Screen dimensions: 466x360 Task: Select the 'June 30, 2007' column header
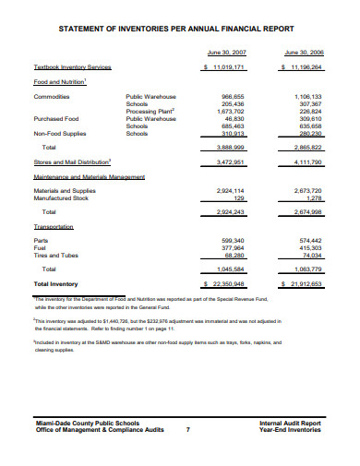tap(225, 53)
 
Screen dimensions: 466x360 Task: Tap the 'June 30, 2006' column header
tap(303, 53)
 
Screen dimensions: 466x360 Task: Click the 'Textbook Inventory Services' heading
tap(72, 67)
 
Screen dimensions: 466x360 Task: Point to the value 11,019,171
tap(228, 67)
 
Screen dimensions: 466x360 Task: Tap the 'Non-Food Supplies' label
tap(62, 133)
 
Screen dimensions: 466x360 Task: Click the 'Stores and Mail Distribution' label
tap(72, 161)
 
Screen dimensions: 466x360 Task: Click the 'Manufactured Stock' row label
tap(65, 197)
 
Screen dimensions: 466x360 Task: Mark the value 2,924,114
tap(231, 190)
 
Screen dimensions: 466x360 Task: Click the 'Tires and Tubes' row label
tap(58, 255)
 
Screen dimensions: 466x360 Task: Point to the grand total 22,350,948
tap(228, 283)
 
